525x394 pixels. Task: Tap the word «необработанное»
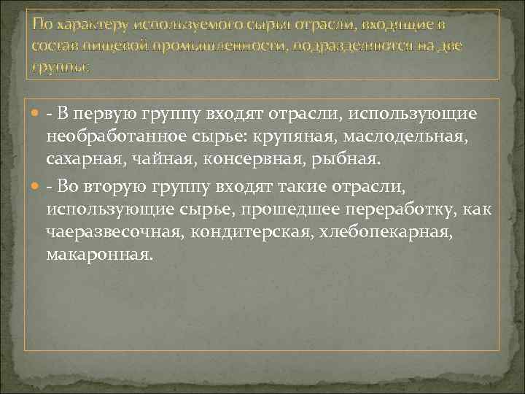click(116, 139)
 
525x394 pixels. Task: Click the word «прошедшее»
click(262, 209)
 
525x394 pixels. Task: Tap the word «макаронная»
click(99, 256)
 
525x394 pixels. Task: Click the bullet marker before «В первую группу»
click(37, 115)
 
